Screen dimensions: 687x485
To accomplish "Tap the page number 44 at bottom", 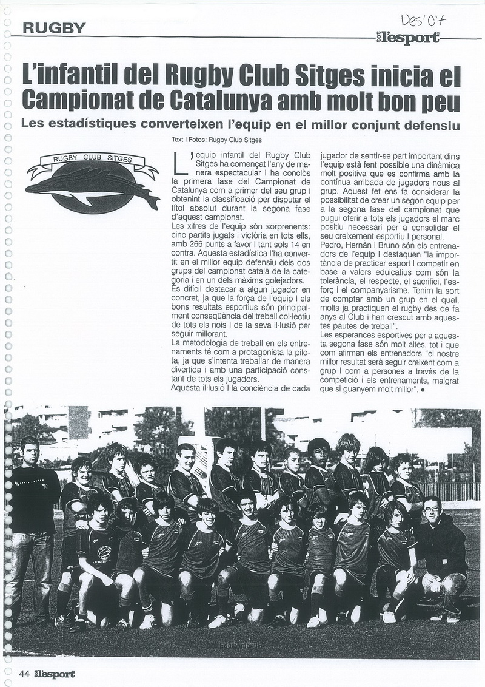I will tap(25, 674).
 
